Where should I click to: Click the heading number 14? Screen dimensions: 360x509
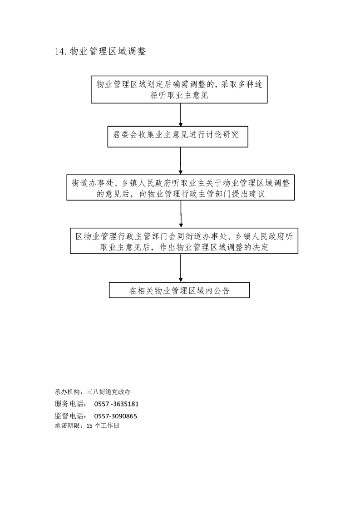click(61, 52)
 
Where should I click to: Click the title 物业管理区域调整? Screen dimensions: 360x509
click(108, 51)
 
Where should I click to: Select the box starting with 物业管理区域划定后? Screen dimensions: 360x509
click(179, 89)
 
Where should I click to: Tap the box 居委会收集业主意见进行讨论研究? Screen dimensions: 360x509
click(178, 137)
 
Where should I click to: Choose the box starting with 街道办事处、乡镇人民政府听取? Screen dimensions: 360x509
click(181, 187)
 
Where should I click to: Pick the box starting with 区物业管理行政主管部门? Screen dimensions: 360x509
click(184, 240)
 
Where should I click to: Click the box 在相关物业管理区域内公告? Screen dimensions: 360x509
click(179, 290)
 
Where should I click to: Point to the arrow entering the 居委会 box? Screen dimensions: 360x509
click(181, 115)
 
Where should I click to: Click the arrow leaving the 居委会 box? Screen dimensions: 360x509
click(181, 161)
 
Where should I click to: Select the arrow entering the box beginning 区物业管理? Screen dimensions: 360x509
click(181, 214)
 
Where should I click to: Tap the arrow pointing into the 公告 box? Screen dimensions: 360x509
click(181, 268)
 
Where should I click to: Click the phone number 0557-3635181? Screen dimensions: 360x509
click(116, 404)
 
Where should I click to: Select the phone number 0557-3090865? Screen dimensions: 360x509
click(116, 416)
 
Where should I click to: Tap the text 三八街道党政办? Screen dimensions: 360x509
click(108, 392)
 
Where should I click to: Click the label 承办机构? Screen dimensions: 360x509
click(67, 392)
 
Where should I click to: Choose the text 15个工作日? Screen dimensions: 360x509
click(103, 426)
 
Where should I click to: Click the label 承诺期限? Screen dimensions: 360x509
click(67, 426)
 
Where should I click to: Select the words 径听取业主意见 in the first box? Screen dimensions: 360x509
click(179, 95)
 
